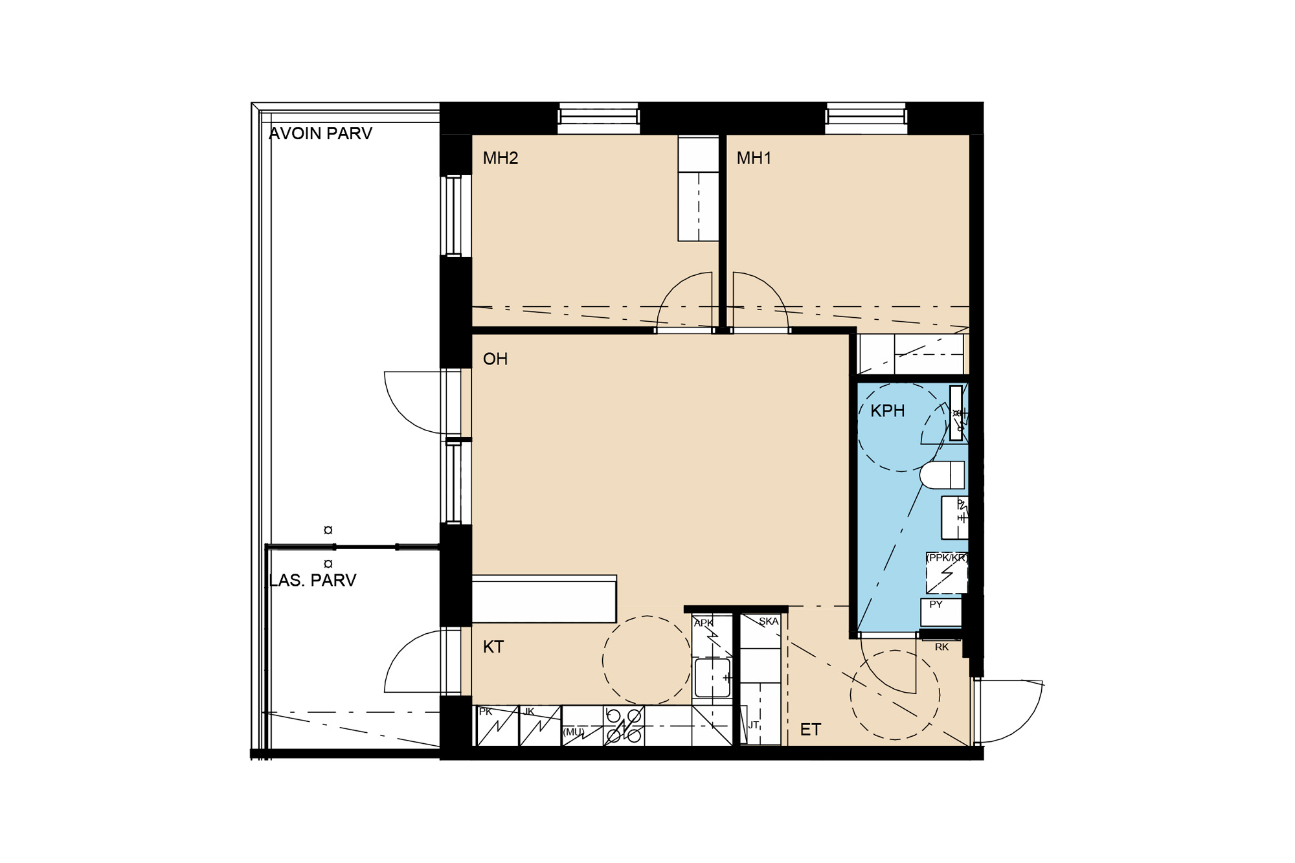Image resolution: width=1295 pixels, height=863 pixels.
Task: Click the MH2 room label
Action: click(x=501, y=158)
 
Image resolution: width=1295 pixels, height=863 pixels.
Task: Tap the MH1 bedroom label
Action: click(x=754, y=158)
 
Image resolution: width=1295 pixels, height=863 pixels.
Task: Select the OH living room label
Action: click(x=495, y=359)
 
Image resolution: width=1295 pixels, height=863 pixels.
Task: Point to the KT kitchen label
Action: click(x=493, y=647)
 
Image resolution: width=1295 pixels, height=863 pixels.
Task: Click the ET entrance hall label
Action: click(x=811, y=730)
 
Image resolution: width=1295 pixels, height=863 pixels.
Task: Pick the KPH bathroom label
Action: click(x=888, y=411)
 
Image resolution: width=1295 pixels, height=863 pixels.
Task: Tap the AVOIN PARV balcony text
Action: click(x=321, y=133)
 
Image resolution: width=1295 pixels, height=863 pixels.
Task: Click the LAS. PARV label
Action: click(x=313, y=580)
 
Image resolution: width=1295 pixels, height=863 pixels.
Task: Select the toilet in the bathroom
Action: click(x=942, y=475)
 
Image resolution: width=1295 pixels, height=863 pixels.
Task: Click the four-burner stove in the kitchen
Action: click(x=624, y=726)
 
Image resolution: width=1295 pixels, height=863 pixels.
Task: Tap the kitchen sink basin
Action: click(x=712, y=678)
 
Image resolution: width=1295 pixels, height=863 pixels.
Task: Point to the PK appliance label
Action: click(x=486, y=712)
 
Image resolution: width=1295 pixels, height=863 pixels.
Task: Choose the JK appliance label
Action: click(x=529, y=712)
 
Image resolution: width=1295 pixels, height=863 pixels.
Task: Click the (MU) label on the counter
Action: click(x=574, y=732)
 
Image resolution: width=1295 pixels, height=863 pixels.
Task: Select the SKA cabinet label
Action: click(x=769, y=622)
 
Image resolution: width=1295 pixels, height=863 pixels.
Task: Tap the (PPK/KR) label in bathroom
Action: click(x=947, y=557)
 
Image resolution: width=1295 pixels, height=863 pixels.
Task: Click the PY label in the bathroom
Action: click(x=936, y=605)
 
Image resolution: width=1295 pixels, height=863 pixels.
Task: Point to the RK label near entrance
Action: click(x=942, y=647)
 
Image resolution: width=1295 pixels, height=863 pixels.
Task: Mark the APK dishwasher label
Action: click(x=704, y=623)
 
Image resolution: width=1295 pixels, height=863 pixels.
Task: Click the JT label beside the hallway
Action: click(x=754, y=725)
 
